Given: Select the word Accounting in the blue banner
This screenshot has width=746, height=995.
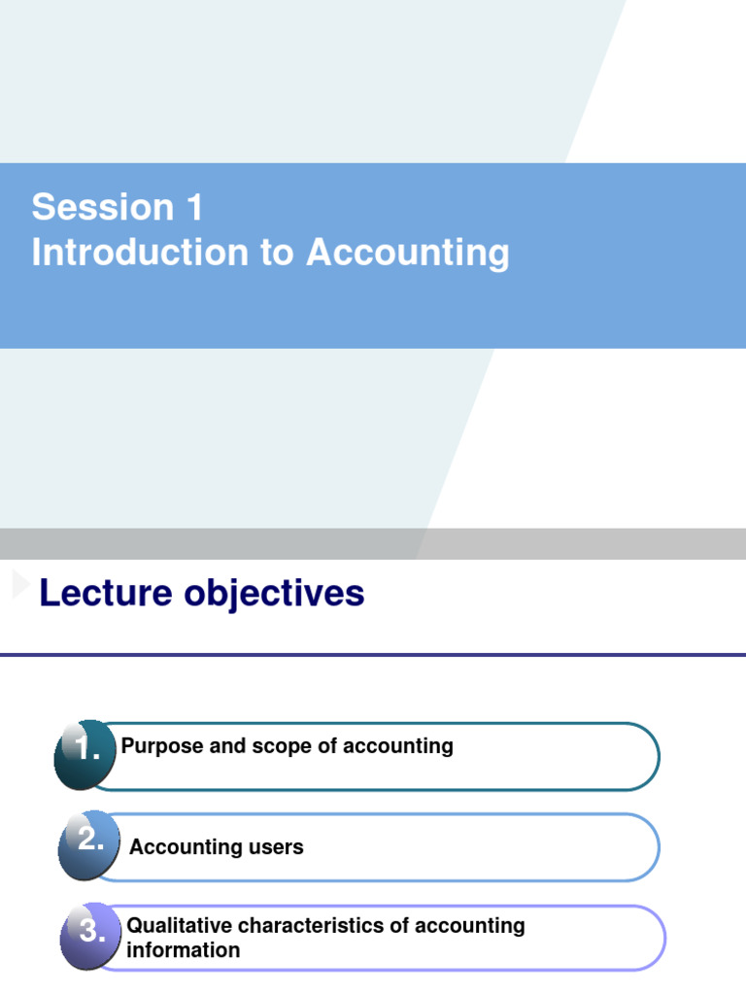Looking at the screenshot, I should [408, 253].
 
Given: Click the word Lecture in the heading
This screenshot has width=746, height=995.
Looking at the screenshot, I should [105, 593].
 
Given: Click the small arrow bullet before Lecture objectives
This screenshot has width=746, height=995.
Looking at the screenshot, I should [20, 585].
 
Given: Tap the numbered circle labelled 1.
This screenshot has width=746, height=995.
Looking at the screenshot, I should [85, 753].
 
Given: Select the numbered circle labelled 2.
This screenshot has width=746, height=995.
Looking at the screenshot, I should [88, 842].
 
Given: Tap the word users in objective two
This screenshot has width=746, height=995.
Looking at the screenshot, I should [276, 847].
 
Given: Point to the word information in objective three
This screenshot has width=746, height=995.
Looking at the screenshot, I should [183, 950].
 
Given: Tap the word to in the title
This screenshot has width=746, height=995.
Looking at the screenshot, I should [277, 253].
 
